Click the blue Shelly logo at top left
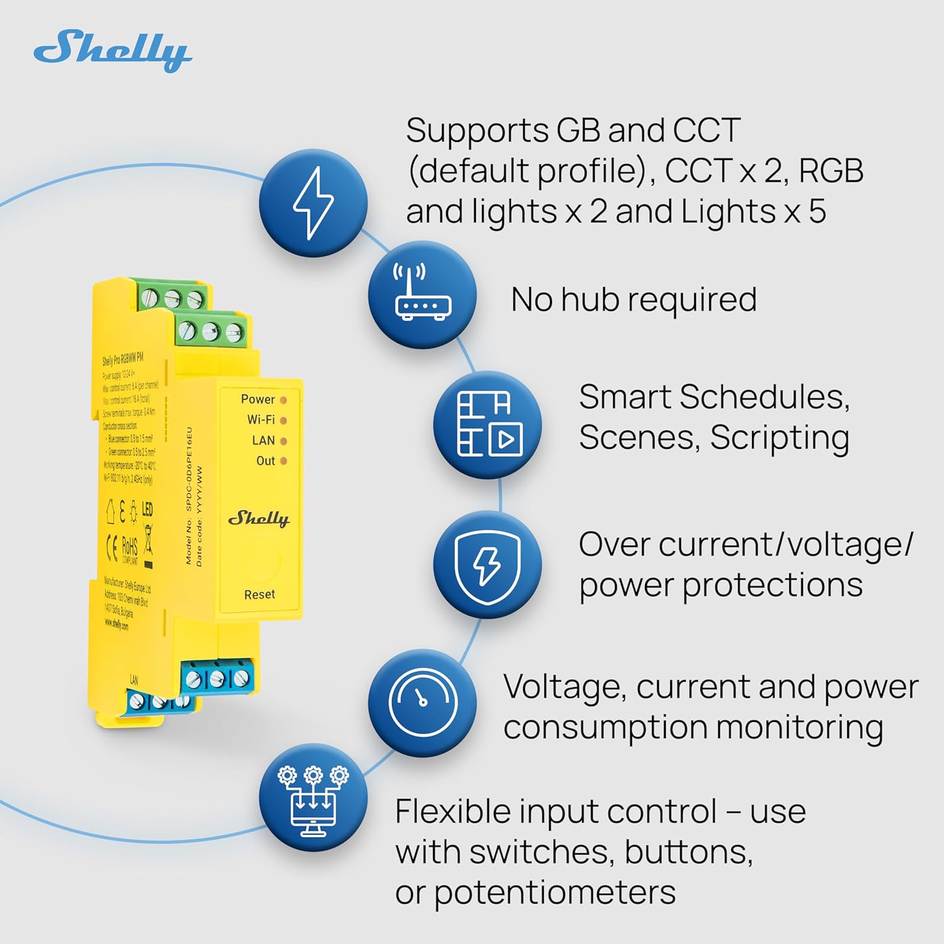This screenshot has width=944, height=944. pyautogui.click(x=112, y=50)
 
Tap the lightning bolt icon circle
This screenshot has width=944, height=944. pyautogui.click(x=313, y=203)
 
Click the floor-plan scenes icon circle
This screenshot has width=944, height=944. pyautogui.click(x=488, y=424)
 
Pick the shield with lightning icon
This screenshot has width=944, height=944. pyautogui.click(x=487, y=565)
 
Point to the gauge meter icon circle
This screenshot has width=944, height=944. pyautogui.click(x=422, y=703)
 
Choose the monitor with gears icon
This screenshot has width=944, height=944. pyautogui.click(x=313, y=797)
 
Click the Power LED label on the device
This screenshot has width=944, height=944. pyautogui.click(x=257, y=399)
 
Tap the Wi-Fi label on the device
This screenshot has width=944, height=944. pyautogui.click(x=261, y=419)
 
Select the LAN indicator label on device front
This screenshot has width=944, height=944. pyautogui.click(x=263, y=440)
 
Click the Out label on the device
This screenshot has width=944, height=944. pyautogui.click(x=266, y=461)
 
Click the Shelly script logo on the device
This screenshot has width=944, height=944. pyautogui.click(x=259, y=519)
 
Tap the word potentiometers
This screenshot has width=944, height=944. pyautogui.click(x=554, y=892)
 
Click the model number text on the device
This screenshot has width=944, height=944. pyautogui.click(x=188, y=497)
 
